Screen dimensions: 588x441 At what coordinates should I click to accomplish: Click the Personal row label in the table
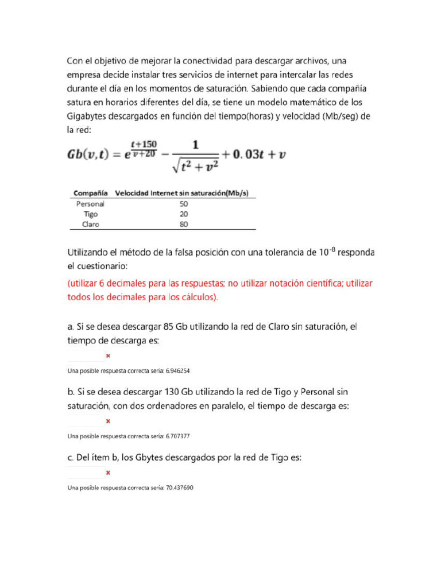click(x=90, y=204)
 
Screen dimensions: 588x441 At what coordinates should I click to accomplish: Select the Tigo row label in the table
click(x=91, y=214)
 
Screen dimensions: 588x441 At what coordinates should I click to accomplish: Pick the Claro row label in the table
click(x=90, y=225)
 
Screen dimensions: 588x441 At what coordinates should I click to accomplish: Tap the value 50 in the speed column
click(x=184, y=204)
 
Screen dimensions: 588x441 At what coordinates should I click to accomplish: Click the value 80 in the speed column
click(x=184, y=225)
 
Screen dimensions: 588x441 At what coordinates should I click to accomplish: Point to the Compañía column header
click(x=91, y=194)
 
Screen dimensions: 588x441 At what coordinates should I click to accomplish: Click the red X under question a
click(x=108, y=356)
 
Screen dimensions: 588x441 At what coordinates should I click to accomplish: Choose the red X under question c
click(x=108, y=473)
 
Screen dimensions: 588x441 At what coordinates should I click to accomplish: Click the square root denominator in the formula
click(x=195, y=165)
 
